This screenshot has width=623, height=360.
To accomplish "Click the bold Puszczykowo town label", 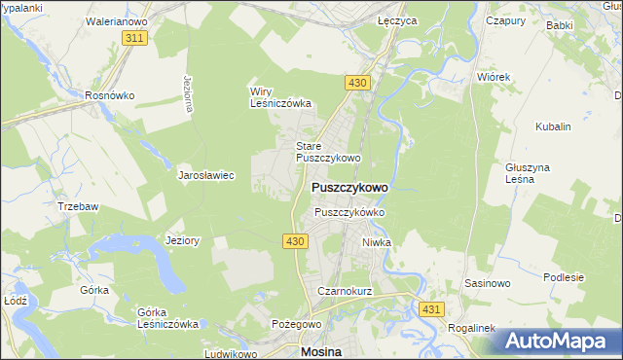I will pos(349,187).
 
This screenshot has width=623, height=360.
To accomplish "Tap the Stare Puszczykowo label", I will pos(328,152).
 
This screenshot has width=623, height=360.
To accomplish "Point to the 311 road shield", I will pos(135,38).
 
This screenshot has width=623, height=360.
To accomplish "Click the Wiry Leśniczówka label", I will pos(279,97).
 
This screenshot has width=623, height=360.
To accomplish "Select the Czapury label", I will pos(505,19).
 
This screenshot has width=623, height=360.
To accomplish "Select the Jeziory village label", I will pos(183,240).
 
